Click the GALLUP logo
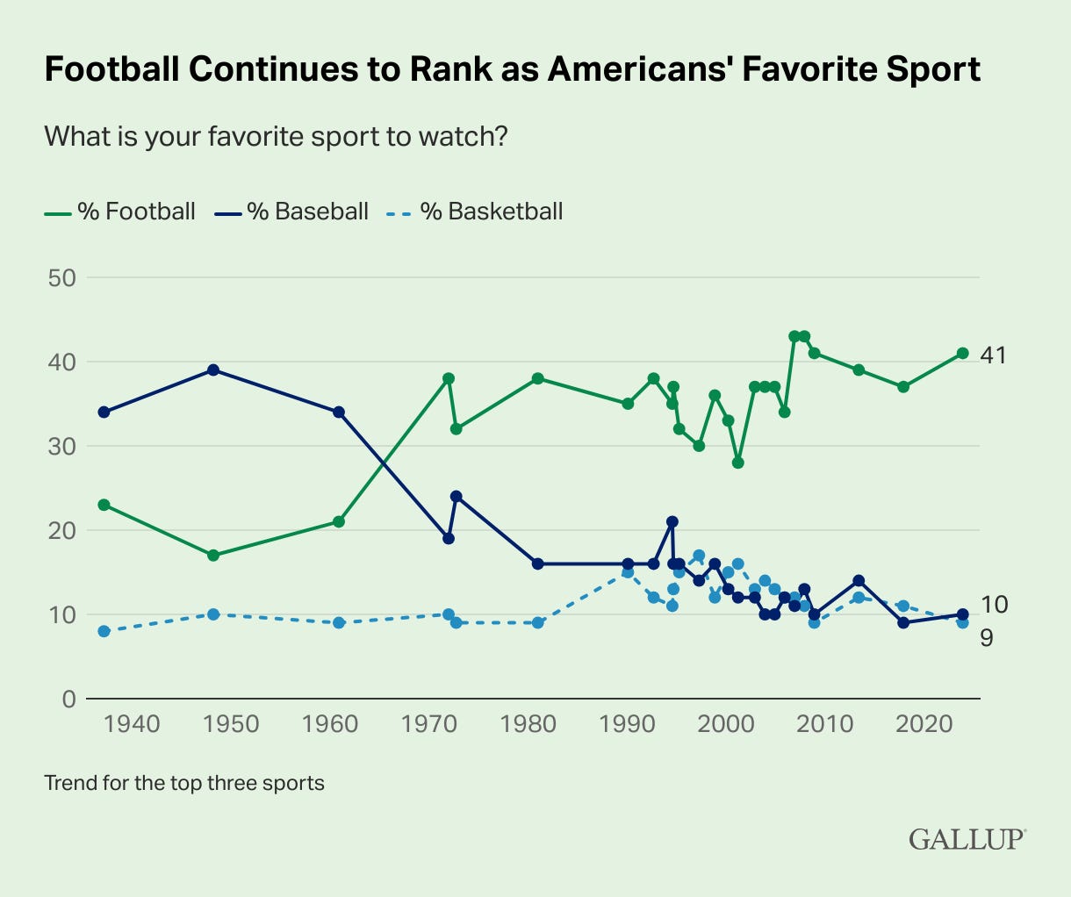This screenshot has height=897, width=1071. [967, 838]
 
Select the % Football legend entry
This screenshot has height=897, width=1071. [120, 212]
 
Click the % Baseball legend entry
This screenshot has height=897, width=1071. [291, 212]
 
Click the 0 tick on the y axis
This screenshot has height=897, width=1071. [68, 699]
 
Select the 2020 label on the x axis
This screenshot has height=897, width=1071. [925, 725]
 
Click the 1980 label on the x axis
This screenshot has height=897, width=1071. [528, 725]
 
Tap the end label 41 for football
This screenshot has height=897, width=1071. [994, 355]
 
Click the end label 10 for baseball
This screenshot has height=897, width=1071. [994, 604]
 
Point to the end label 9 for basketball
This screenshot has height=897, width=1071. [987, 638]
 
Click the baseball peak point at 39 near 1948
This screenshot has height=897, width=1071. [212, 370]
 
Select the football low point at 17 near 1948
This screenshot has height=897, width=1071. [212, 556]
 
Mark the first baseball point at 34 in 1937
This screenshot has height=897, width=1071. [104, 412]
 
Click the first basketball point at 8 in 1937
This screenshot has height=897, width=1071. [104, 631]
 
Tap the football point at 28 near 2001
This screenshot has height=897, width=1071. [737, 463]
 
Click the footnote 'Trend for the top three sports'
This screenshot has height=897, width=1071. [184, 782]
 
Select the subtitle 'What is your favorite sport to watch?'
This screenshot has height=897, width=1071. [276, 137]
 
